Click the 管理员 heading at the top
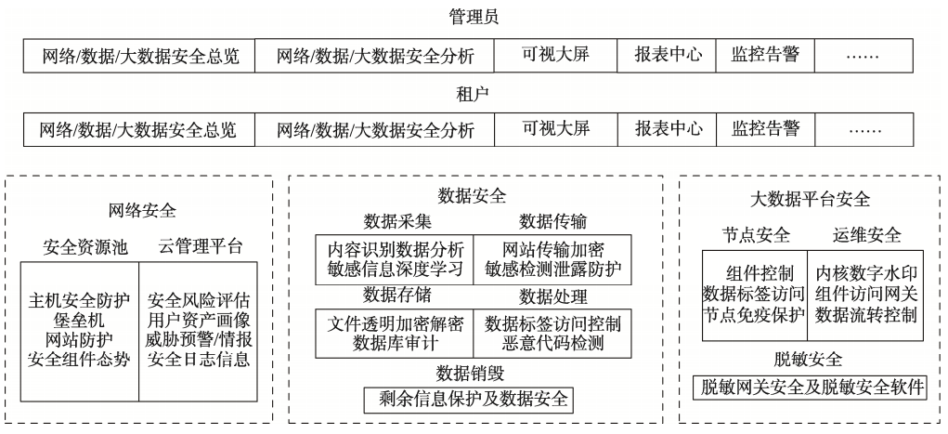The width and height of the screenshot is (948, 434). tap(474, 17)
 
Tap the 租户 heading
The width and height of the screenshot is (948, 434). tap(473, 95)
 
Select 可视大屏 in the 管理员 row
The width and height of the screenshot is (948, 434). tap(555, 55)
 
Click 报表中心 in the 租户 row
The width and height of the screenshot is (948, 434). tap(669, 128)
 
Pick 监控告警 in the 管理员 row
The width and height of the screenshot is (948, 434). tap(765, 55)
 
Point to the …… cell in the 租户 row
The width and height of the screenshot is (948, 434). tap(864, 129)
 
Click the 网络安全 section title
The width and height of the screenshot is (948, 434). tap(142, 211)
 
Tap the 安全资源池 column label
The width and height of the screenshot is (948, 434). tap(85, 247)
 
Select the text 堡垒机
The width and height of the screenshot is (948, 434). tap(79, 320)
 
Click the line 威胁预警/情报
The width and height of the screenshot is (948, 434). tap(199, 339)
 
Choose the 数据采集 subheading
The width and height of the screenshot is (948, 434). tap(397, 221)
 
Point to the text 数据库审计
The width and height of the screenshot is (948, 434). tap(396, 343)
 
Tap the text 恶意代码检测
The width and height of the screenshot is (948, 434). tap(552, 343)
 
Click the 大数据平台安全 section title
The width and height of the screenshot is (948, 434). tap(811, 199)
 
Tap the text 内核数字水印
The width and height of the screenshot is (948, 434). tap(865, 273)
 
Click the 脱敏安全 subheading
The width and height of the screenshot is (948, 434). tap(809, 359)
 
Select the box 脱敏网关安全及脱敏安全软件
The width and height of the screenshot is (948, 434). tap(810, 388)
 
